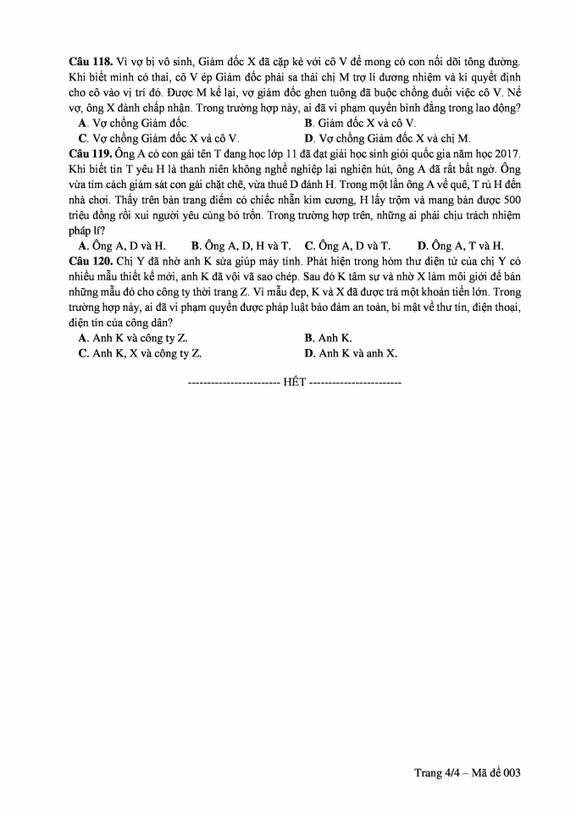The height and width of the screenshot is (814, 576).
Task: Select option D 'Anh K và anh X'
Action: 351,353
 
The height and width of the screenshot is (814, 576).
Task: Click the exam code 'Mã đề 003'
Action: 491,772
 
